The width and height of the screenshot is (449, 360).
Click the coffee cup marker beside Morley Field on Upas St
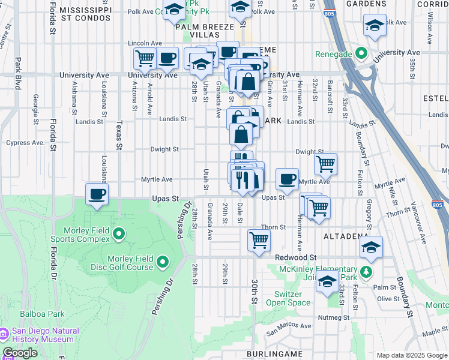[x=97, y=194]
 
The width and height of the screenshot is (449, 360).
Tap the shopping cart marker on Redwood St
[x=259, y=239]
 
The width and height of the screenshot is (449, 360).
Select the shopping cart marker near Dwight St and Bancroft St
[x=325, y=163]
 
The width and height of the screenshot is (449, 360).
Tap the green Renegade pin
[x=361, y=54]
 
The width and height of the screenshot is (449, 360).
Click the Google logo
[x=20, y=353]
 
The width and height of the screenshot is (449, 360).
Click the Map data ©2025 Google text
[x=411, y=355]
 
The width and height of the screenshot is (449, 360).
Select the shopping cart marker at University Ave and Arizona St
[x=145, y=59]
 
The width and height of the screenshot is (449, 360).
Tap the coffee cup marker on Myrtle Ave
[x=287, y=178]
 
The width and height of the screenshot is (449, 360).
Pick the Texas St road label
[x=119, y=134]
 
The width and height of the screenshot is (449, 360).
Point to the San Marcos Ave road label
[x=289, y=327]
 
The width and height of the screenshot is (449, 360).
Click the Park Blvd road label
[x=18, y=73]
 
